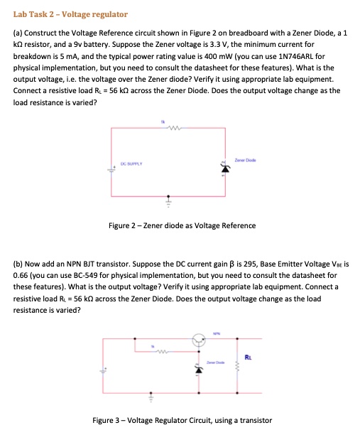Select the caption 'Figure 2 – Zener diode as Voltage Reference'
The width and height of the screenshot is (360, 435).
pos(182,225)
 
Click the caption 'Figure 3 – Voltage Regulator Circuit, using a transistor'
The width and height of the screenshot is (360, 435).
pos(182,420)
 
